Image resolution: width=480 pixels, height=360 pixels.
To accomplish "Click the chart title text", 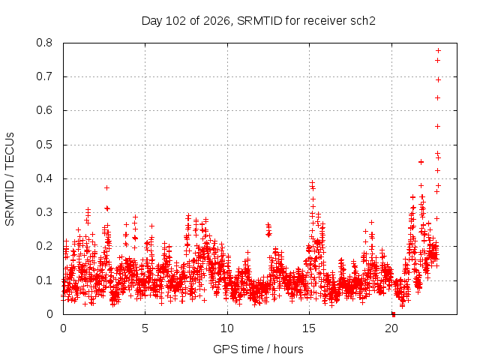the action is coord(258,21).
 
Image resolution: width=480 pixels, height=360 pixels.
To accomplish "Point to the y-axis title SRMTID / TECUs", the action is coord(10,179).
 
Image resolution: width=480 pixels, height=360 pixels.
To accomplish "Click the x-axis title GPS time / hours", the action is coord(258,349).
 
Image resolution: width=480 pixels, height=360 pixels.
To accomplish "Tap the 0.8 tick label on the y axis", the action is coord(44,43).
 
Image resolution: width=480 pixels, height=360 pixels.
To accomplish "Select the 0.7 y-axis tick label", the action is coord(44,76).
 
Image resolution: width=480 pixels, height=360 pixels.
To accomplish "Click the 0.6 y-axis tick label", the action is coord(44,110).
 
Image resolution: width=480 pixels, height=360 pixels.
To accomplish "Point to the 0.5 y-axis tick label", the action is coord(44,145).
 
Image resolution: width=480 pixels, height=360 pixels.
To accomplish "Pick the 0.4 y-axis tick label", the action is coord(44,178).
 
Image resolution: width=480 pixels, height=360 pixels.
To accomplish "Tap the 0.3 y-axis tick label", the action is coord(44,212).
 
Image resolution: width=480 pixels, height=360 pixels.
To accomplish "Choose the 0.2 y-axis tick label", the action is coord(44,246).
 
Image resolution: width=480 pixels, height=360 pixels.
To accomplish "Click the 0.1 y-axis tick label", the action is coord(44,280).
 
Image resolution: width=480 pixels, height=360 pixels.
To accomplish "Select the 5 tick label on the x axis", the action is coord(145,328).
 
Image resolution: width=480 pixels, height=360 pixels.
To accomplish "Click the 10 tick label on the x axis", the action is coord(227,328).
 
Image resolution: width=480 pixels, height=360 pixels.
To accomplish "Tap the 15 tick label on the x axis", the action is coord(309,328).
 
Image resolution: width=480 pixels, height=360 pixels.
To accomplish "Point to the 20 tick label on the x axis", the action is coord(391,328).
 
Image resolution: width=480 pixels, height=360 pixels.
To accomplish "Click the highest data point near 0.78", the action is coord(438,50).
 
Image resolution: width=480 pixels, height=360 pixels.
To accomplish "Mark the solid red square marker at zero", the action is coord(394,315).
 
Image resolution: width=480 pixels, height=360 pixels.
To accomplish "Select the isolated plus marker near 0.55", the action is coord(438,127).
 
